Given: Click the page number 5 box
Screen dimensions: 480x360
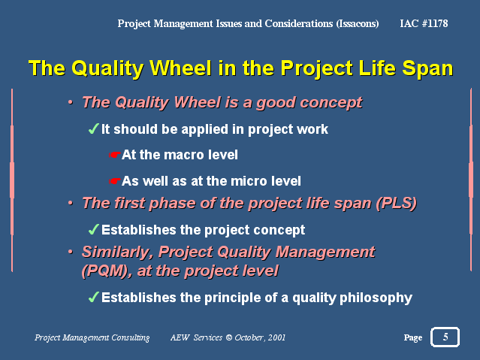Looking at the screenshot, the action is pos(445,337).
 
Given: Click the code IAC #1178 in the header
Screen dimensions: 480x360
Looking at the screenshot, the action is pos(424,23).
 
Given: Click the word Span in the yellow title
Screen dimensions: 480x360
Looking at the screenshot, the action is pos(427,69).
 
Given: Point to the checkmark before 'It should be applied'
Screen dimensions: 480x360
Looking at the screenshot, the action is pos(94,129).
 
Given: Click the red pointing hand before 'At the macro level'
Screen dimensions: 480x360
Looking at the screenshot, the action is pos(114,155).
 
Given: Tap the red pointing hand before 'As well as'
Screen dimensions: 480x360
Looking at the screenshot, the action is pos(114,181).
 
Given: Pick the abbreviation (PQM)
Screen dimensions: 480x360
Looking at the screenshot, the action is pos(104,271).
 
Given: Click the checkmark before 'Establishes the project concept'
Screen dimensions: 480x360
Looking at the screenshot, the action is pos(94,229).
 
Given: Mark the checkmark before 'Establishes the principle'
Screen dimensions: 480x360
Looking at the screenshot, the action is pos(94,297).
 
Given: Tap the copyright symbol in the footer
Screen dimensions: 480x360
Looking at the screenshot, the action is pos(228,337).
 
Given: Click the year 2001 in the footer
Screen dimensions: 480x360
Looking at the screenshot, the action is pos(276,337).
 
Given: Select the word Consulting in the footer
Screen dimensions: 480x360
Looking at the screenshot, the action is pos(131,338).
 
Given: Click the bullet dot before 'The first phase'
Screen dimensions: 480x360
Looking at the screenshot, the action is pos(71,203).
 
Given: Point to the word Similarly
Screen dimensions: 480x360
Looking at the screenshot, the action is pos(117,253).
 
